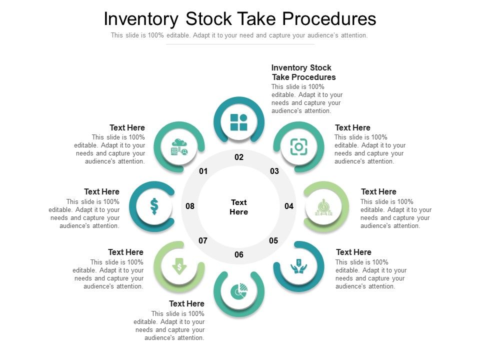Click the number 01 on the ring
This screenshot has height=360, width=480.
point(203,171)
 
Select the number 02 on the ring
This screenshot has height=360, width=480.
point(239,157)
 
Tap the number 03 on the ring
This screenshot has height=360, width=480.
point(274,171)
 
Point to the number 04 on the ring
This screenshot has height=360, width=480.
point(289,206)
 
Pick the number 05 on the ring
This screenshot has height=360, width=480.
point(273,240)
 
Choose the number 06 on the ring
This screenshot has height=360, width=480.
point(239,254)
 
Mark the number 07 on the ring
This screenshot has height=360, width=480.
point(203,240)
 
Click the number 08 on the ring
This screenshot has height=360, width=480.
point(190,206)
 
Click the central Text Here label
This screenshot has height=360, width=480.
point(239,207)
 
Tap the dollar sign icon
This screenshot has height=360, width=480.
point(154,206)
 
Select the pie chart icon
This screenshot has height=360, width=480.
point(239,291)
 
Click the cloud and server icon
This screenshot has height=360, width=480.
point(179,147)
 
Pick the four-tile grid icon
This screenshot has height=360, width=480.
point(239,122)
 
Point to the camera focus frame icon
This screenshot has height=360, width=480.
point(298,147)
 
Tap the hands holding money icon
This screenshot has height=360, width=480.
point(298,266)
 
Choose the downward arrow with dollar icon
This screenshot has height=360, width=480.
point(179,266)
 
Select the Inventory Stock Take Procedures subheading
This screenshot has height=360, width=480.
point(303,72)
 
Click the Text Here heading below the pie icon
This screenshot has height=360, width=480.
point(186,303)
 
